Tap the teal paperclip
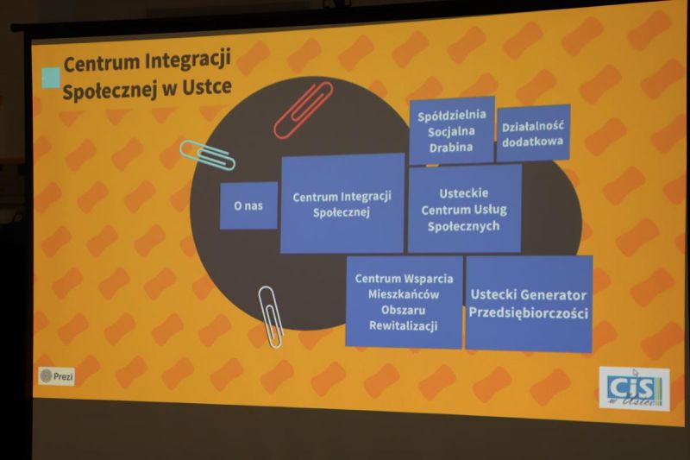[x=207, y=155]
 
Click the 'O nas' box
[x=248, y=205]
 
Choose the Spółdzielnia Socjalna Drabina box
[x=452, y=130]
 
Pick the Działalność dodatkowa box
[x=533, y=134]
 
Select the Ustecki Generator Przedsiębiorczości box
[x=529, y=304]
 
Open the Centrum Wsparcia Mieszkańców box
[x=404, y=302]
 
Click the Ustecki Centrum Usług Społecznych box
[x=465, y=209]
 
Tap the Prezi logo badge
[x=56, y=376]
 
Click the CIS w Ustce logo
[x=634, y=388]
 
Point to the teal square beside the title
[x=51, y=78]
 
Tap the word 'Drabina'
[x=451, y=147]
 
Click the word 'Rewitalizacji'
[x=403, y=325]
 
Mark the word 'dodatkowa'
[x=532, y=142]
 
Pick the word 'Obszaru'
[x=403, y=310]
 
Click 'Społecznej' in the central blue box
[x=342, y=212]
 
